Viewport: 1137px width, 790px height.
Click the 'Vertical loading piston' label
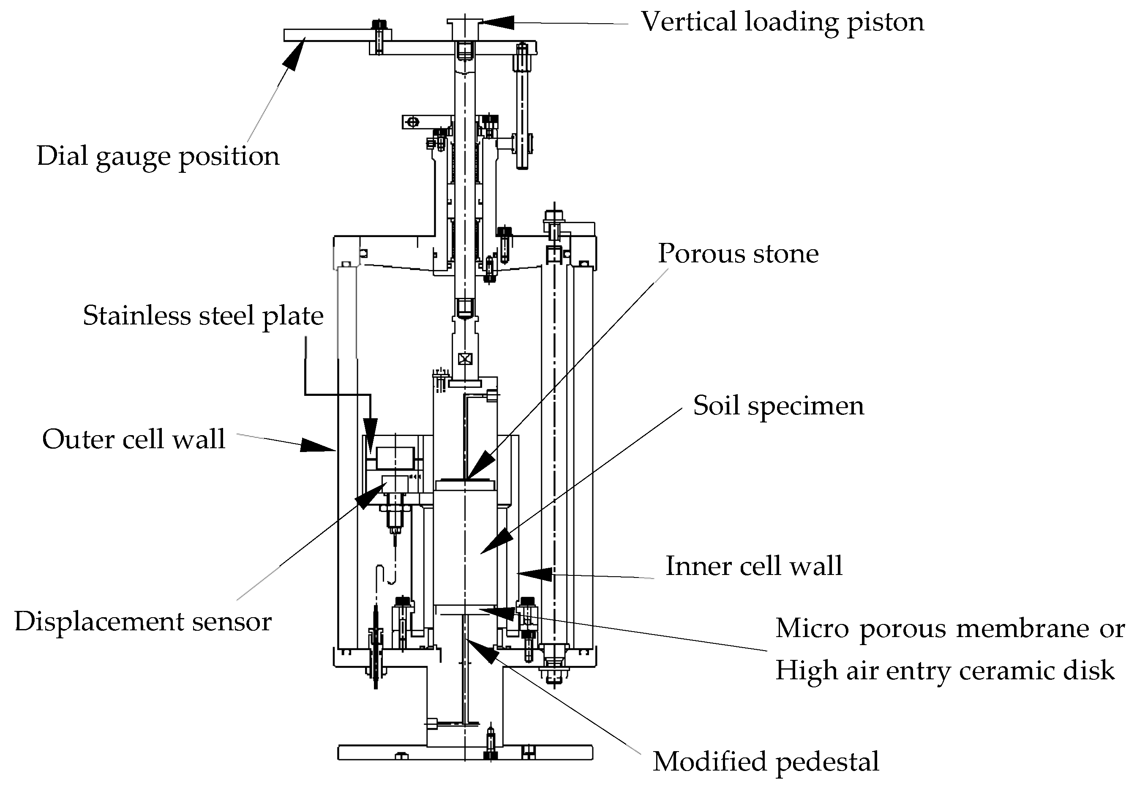click(x=782, y=22)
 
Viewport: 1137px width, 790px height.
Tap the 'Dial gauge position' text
click(x=158, y=156)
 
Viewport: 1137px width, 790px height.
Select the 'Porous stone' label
click(x=738, y=254)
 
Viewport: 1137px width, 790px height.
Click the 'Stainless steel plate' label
click(x=203, y=316)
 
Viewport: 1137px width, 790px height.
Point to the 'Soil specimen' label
click(x=778, y=406)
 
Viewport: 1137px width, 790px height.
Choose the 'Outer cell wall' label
click(x=134, y=439)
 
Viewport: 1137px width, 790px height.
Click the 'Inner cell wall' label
click(x=753, y=566)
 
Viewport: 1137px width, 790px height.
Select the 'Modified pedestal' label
click(x=766, y=761)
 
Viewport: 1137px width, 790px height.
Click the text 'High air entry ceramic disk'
click(x=944, y=671)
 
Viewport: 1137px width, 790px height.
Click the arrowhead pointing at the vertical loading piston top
click(x=495, y=22)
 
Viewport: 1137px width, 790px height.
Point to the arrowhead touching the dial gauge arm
click(x=294, y=54)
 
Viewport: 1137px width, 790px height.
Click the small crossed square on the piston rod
click(x=465, y=359)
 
